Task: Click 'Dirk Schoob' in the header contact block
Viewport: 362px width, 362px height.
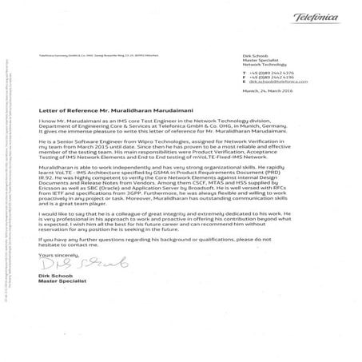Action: tap(257, 51)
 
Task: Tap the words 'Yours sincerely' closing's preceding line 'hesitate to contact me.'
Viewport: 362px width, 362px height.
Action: tap(63, 256)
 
